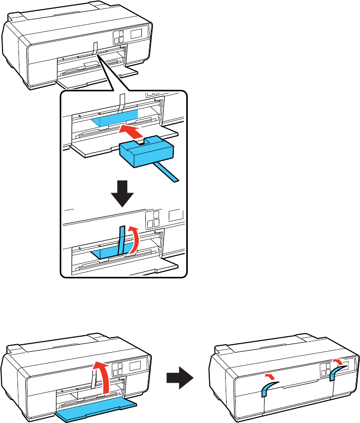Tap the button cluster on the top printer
tap(118, 39)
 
